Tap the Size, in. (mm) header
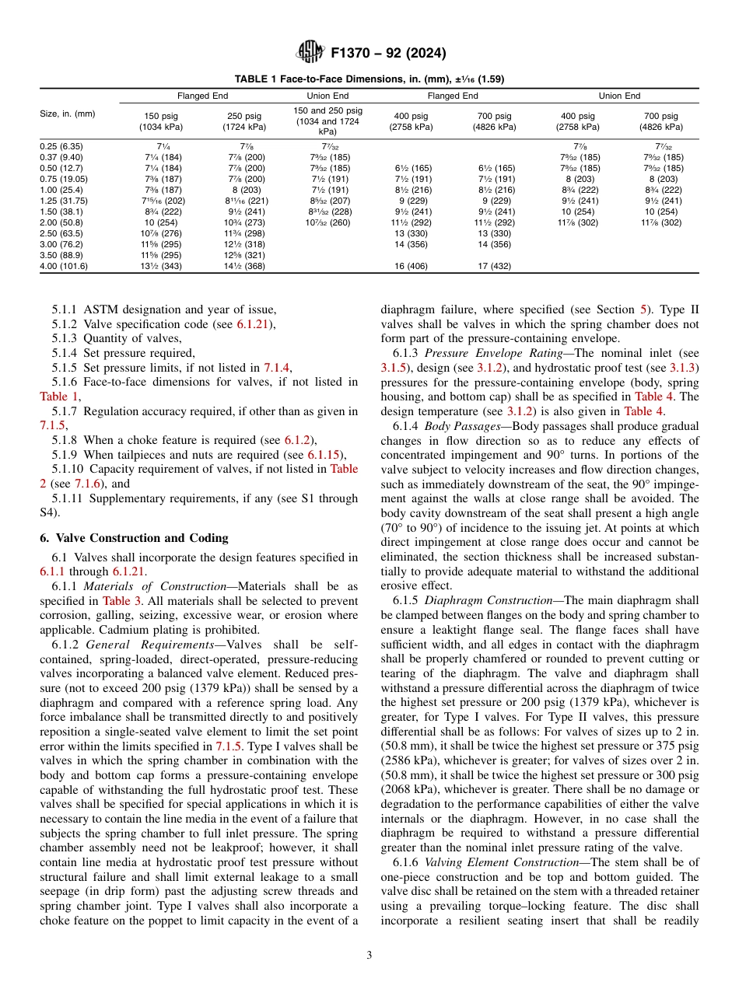pos(68,114)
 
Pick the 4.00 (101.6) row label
pos(64,266)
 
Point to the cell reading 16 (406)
pos(411,266)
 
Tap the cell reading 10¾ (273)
pos(244,222)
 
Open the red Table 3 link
pos(119,601)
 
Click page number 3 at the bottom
pos(369,956)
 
